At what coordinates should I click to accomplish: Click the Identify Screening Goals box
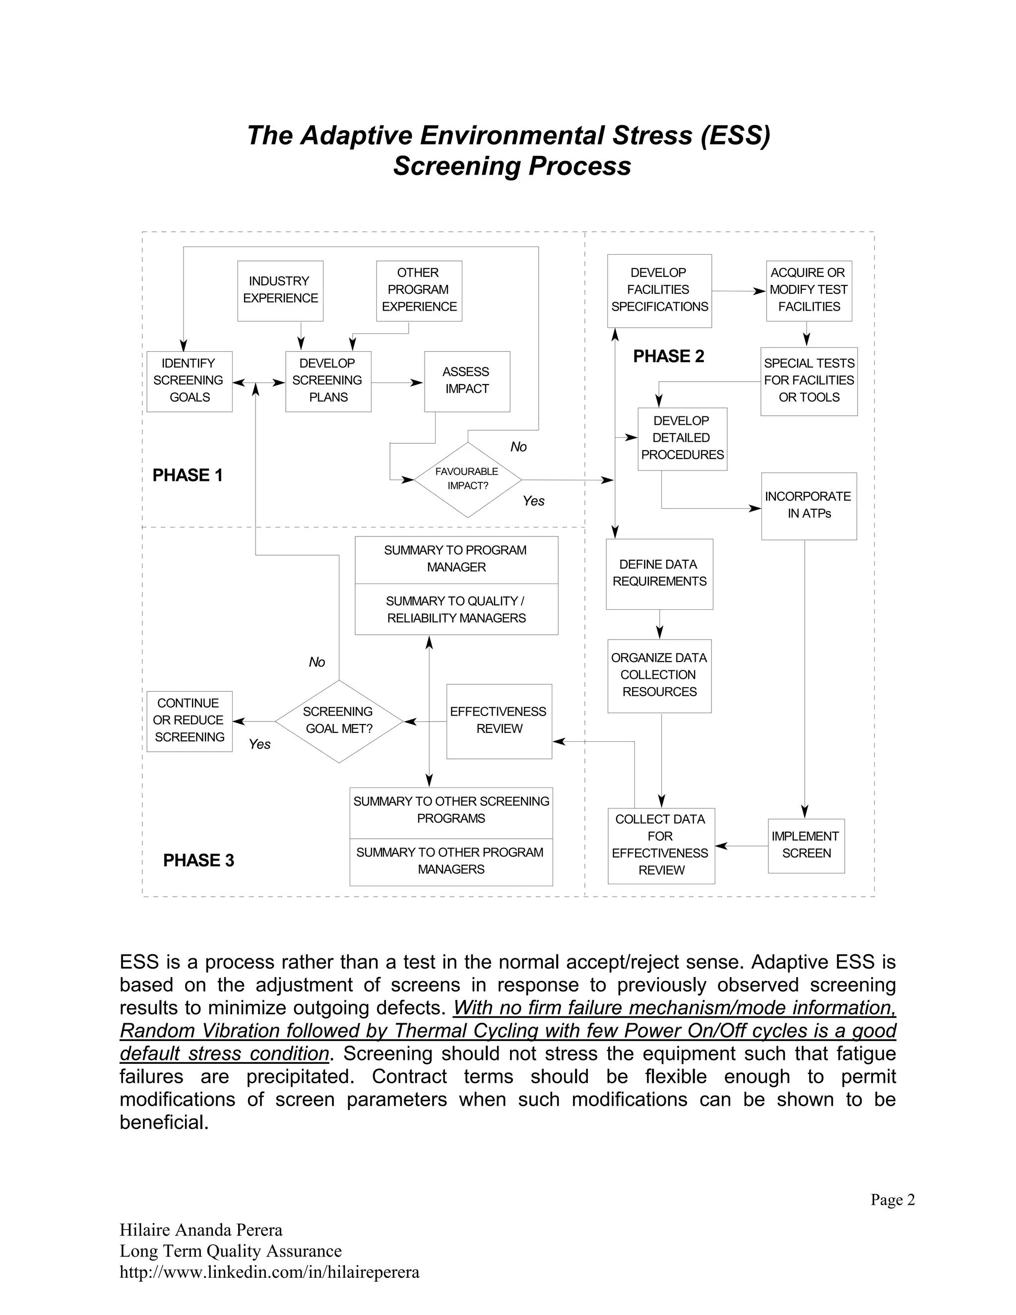tap(189, 381)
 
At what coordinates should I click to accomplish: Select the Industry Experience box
tap(280, 290)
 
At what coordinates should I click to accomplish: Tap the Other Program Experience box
tap(419, 290)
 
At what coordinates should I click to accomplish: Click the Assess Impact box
tap(466, 381)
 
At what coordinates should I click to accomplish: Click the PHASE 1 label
tap(187, 475)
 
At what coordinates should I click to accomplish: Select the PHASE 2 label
tap(668, 356)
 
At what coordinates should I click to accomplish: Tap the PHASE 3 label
tap(198, 860)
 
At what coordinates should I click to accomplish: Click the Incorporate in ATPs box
tap(808, 505)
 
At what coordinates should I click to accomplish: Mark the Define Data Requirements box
tap(659, 573)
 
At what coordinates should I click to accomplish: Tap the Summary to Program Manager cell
tap(455, 559)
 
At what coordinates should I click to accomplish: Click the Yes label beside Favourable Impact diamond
tap(533, 501)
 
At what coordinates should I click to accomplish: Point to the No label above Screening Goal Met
tap(317, 662)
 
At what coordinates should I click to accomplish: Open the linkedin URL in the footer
tap(269, 1272)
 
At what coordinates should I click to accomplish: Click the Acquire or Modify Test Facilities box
tap(808, 290)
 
